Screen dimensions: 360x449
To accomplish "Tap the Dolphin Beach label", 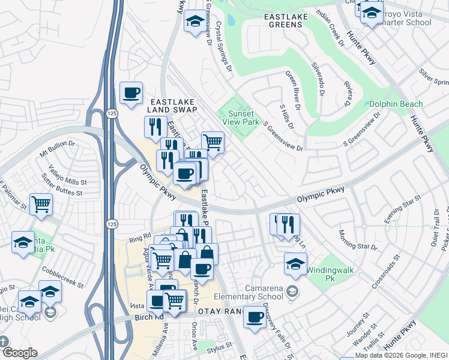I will pos(396,104).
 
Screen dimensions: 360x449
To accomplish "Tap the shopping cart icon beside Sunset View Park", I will pos(212,142).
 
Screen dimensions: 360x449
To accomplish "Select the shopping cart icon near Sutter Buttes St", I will pos(41,204).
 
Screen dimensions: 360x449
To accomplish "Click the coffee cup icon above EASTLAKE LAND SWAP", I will pos(131,93).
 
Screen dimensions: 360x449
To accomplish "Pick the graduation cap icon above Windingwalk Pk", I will pos(295,263).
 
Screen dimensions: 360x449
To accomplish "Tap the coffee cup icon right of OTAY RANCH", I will pos(255,316).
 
